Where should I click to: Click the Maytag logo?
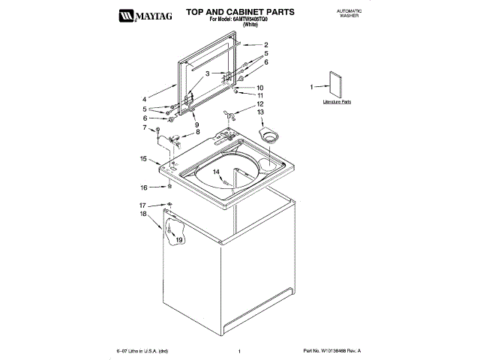click(x=140, y=14)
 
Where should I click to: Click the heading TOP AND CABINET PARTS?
click(x=229, y=12)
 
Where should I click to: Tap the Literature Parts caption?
click(x=337, y=100)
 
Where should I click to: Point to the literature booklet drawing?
click(x=335, y=85)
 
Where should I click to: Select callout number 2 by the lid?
click(x=265, y=45)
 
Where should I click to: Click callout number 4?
click(x=145, y=98)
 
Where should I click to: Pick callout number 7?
click(x=145, y=127)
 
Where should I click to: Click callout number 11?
click(x=260, y=95)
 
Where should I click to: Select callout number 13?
click(x=260, y=112)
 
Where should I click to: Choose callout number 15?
click(x=143, y=158)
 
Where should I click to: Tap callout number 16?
click(x=143, y=187)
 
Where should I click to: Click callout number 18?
click(x=143, y=214)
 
